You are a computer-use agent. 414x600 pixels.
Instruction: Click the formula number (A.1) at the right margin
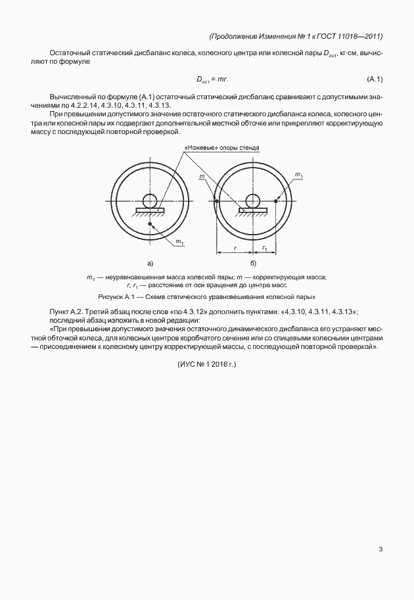375,80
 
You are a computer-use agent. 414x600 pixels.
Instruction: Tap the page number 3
380,549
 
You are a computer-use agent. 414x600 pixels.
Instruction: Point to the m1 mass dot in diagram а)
150,225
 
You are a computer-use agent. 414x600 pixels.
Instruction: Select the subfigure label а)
150,263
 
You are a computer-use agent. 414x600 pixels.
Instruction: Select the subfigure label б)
252,263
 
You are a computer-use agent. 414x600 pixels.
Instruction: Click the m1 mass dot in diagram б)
276,201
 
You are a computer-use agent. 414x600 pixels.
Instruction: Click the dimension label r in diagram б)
234,248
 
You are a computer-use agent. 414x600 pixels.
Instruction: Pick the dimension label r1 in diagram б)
264,248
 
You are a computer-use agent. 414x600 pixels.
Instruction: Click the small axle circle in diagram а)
150,200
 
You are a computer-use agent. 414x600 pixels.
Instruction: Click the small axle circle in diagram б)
252,200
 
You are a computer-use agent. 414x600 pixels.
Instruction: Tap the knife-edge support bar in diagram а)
150,210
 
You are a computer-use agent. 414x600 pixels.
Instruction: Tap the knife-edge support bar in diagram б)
252,210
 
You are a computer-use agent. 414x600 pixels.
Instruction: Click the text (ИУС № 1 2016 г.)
206,363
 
